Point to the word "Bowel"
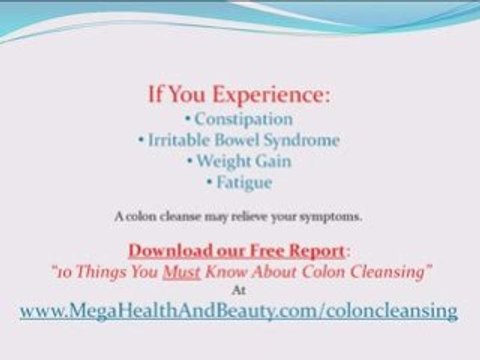[x=240, y=141]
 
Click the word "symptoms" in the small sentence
[x=334, y=216]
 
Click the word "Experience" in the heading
[x=270, y=95]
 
